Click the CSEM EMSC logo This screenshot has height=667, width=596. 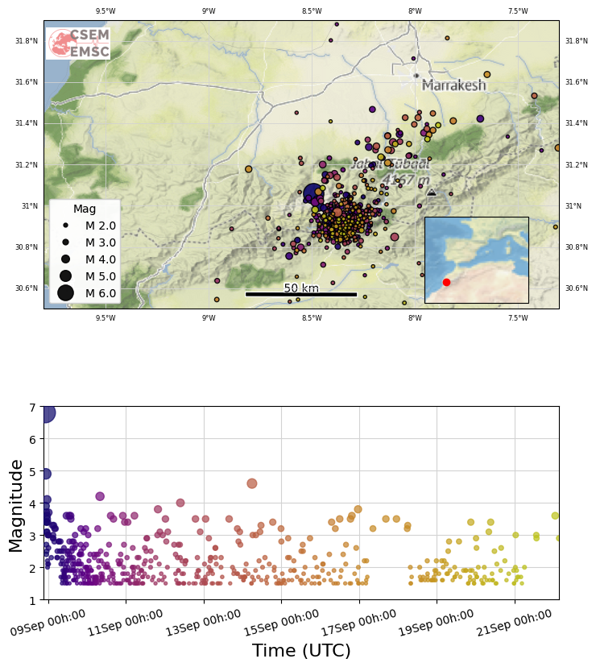click(x=78, y=43)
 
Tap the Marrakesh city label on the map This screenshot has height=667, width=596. click(x=453, y=85)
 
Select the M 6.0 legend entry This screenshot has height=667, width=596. click(x=88, y=293)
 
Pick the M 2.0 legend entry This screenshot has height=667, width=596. click(x=88, y=226)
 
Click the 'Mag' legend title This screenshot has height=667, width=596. click(x=85, y=209)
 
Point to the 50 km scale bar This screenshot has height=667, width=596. click(x=301, y=294)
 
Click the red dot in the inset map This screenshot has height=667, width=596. click(x=446, y=282)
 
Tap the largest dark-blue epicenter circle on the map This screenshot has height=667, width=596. click(x=313, y=193)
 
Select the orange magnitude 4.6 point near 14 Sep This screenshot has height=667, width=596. click(x=252, y=483)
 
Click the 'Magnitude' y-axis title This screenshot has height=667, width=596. click(x=16, y=505)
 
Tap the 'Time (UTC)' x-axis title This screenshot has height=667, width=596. click(x=301, y=651)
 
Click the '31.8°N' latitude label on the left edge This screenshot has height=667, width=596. click(x=27, y=40)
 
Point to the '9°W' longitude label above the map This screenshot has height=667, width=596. click(x=209, y=10)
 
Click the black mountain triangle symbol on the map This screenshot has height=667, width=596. click(x=432, y=193)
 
